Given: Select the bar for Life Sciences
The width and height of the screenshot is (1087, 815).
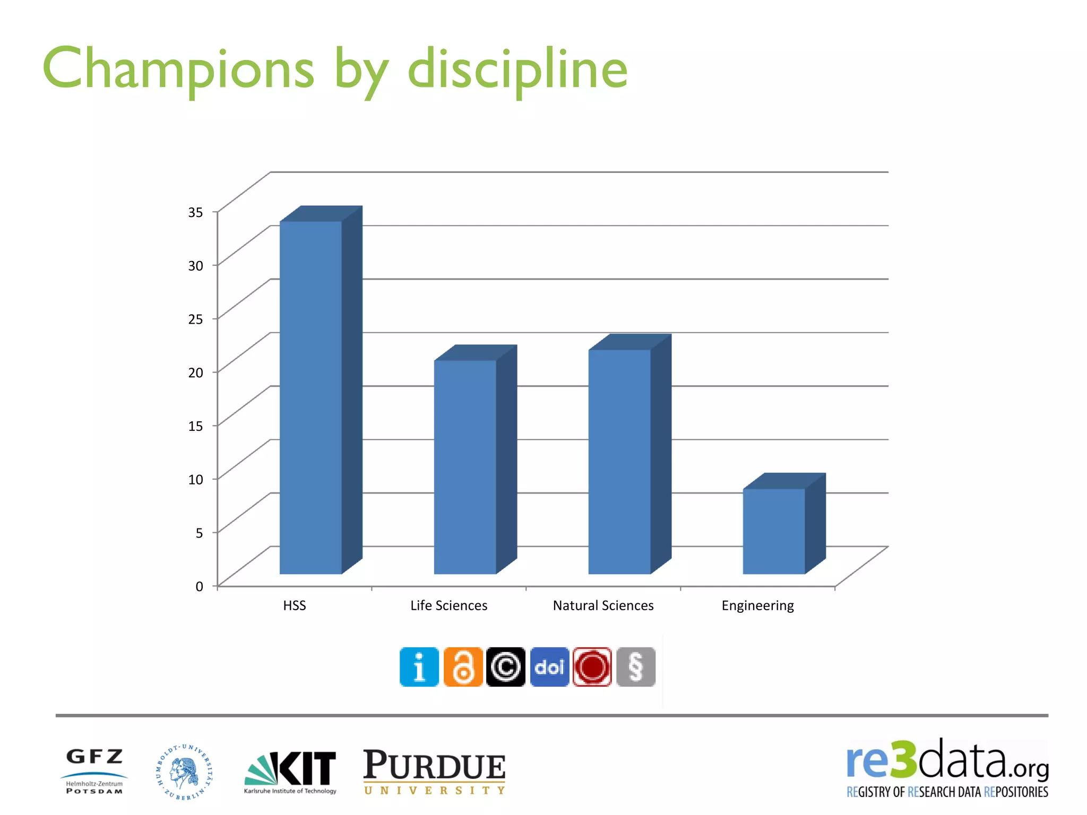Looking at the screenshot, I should (465, 467).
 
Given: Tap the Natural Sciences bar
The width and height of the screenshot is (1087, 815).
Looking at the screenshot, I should (619, 462).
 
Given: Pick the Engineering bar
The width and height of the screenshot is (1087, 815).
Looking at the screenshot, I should (774, 531).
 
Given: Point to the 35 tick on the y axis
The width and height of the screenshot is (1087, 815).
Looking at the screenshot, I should (195, 212).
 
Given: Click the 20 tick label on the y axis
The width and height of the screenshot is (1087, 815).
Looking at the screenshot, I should (195, 372).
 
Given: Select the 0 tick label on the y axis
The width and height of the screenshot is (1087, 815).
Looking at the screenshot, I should (199, 586).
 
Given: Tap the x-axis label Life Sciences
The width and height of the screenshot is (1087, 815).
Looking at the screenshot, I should (448, 605).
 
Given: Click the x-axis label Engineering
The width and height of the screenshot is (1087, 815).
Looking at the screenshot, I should (757, 605).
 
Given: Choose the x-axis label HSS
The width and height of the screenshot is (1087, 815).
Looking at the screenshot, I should (295, 605).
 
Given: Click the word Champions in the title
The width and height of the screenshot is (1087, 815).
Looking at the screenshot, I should (178, 69).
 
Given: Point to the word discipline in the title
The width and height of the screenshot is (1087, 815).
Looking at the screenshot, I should (517, 69).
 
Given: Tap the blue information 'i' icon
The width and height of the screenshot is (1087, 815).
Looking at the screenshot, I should (419, 667).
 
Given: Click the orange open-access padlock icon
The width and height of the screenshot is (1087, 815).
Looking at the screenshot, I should (463, 667).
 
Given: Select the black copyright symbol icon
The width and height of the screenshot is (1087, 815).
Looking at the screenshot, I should (506, 667).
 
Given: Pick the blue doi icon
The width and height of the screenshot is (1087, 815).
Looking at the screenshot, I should (549, 667).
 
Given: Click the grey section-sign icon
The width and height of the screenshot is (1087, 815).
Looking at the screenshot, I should (636, 667).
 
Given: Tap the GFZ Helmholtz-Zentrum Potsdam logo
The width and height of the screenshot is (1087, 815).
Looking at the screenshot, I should (94, 771).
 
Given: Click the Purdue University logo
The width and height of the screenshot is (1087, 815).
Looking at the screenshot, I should (434, 772).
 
